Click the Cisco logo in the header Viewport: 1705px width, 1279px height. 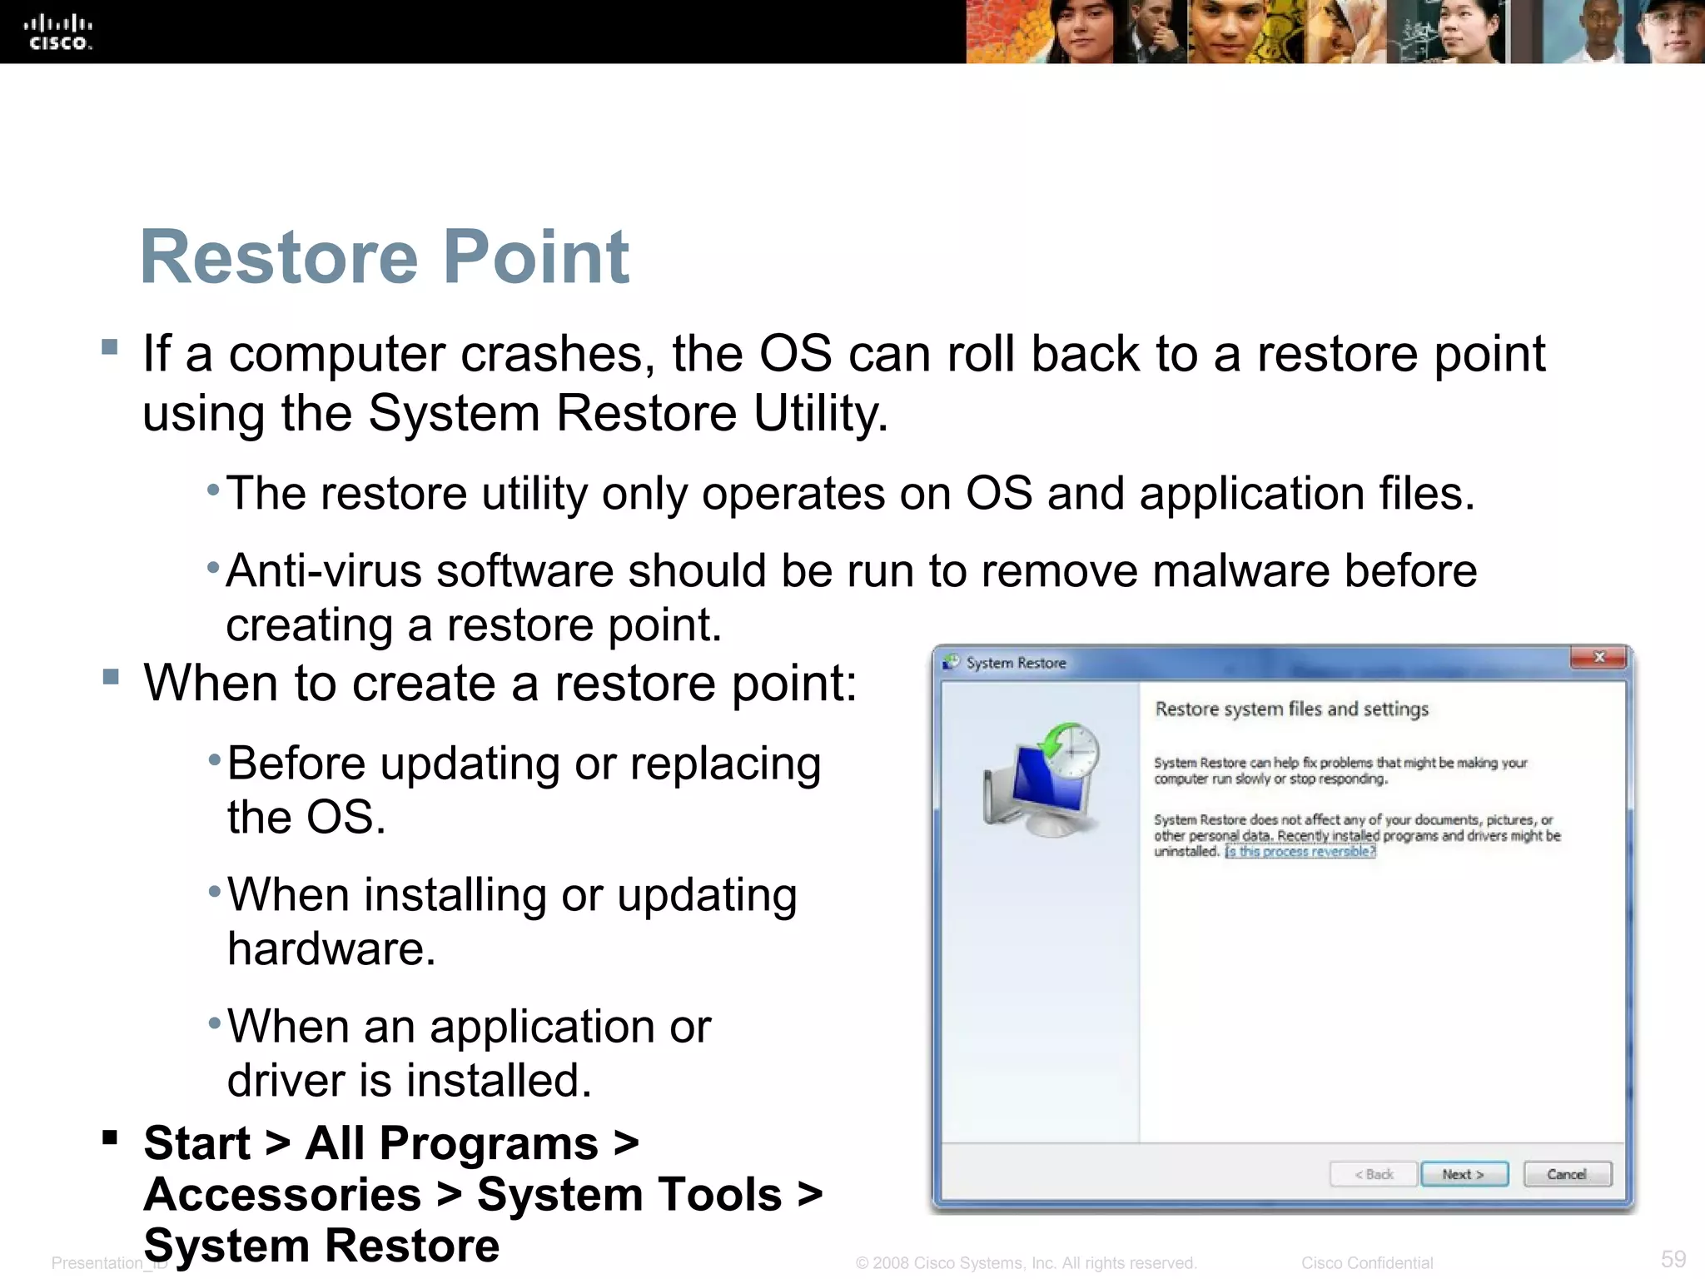(x=58, y=32)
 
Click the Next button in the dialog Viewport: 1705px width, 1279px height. (x=1464, y=1174)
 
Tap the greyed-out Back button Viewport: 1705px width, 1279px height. (x=1373, y=1174)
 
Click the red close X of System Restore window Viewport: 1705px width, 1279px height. (x=1598, y=658)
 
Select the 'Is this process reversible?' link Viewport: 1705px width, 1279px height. (x=1300, y=852)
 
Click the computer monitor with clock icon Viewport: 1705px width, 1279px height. (x=1041, y=779)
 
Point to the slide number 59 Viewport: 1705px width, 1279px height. (x=1673, y=1259)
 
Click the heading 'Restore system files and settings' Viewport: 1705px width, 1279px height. (x=1291, y=709)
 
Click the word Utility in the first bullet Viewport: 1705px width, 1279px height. (x=820, y=413)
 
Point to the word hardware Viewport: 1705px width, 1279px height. (x=331, y=949)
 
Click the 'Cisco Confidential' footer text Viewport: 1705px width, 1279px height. (x=1367, y=1263)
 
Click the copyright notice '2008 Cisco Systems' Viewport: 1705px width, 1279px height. (x=1026, y=1263)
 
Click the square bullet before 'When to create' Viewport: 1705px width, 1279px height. (x=110, y=676)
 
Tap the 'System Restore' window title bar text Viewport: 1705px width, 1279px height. (x=1016, y=663)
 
